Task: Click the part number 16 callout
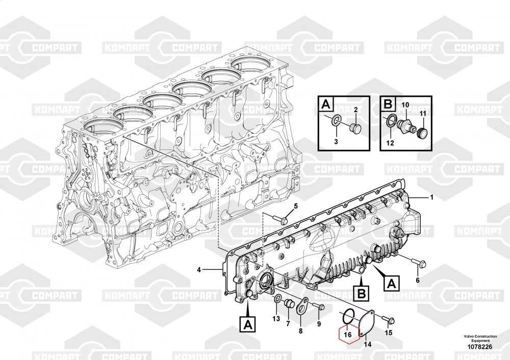pyautogui.click(x=348, y=335)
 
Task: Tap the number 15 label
pyautogui.click(x=388, y=332)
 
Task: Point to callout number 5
pyautogui.click(x=296, y=206)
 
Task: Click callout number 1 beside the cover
pyautogui.click(x=431, y=197)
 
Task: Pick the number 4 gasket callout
pyautogui.click(x=199, y=270)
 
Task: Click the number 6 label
pyautogui.click(x=418, y=280)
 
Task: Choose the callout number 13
pyautogui.click(x=276, y=319)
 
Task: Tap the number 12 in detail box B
pyautogui.click(x=390, y=143)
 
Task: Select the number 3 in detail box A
pyautogui.click(x=336, y=141)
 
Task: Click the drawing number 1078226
pyautogui.click(x=480, y=347)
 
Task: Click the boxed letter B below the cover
pyautogui.click(x=362, y=294)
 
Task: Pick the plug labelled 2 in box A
pyautogui.click(x=353, y=128)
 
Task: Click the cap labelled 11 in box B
pyautogui.click(x=422, y=133)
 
